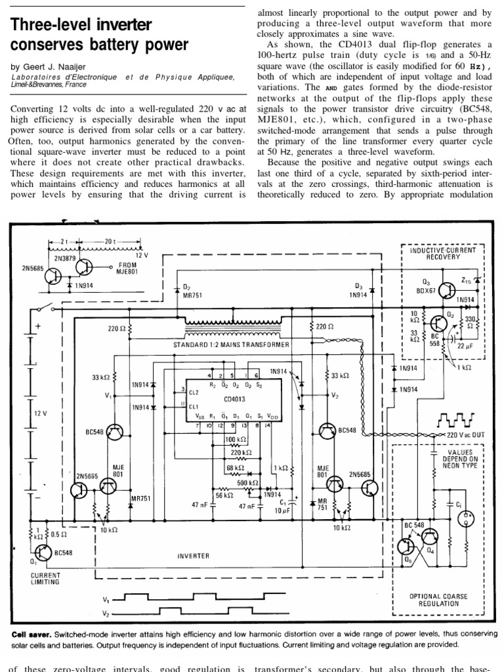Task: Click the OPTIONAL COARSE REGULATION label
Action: point(439,600)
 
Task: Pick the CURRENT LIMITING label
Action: point(45,578)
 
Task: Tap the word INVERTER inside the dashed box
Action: point(194,556)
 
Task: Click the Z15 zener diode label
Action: point(467,280)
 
